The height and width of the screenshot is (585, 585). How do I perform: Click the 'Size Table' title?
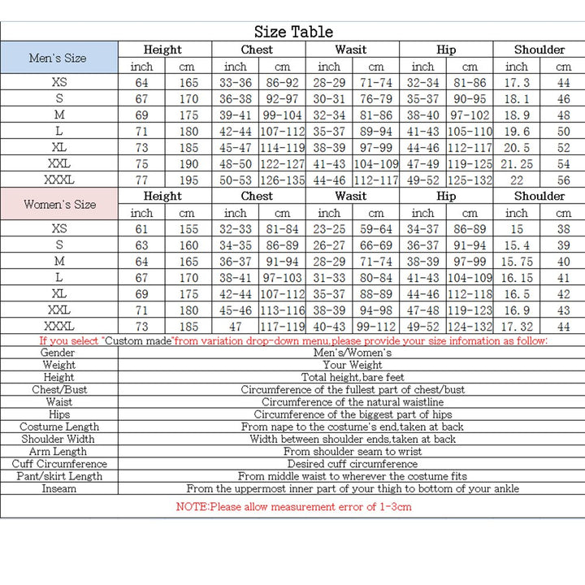click(293, 32)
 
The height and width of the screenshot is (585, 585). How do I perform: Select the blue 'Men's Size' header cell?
click(58, 58)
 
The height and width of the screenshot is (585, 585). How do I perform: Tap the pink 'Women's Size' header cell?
click(59, 204)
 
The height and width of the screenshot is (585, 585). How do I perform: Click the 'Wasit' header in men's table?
click(351, 50)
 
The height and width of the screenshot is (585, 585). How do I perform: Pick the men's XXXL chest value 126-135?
click(282, 180)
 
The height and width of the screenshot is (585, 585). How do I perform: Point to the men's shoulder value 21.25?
click(517, 163)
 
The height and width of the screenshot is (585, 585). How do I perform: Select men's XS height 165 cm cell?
click(188, 82)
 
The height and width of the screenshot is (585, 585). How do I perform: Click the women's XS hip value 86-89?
click(470, 229)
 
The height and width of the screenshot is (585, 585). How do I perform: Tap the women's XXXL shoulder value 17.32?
click(517, 326)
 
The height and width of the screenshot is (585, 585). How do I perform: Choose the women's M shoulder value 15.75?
click(517, 262)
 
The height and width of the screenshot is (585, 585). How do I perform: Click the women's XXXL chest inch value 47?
click(235, 326)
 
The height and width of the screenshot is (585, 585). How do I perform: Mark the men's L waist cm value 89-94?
click(375, 131)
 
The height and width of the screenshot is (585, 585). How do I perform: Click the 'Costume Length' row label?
click(59, 427)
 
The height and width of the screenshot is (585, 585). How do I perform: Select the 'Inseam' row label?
click(59, 488)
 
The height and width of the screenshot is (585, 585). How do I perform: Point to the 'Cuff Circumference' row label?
click(59, 464)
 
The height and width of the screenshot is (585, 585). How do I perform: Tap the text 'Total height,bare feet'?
click(353, 378)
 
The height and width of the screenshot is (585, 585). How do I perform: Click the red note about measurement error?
click(293, 507)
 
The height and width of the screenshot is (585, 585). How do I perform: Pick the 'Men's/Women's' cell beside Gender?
click(353, 353)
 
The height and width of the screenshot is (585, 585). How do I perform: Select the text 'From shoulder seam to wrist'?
click(353, 451)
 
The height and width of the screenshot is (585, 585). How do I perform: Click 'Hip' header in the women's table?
click(446, 196)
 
